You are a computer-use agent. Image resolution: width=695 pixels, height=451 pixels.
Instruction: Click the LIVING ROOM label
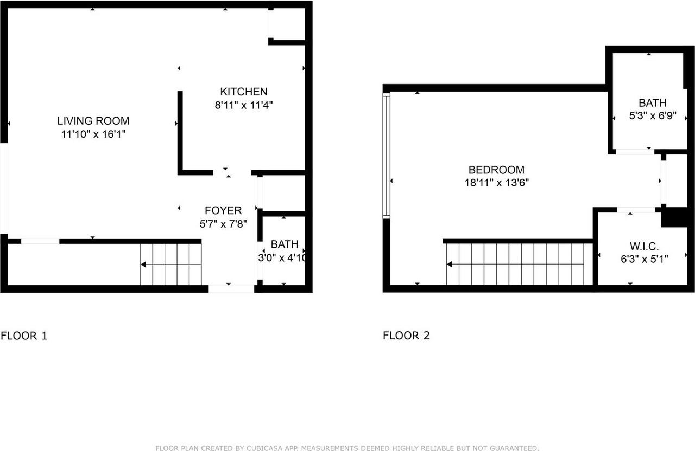pos(93,121)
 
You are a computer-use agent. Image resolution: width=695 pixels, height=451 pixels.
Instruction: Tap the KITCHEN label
pos(243,92)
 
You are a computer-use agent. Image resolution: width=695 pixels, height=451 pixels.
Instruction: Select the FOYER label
pos(223,210)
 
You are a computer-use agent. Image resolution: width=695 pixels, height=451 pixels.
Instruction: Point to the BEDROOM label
pos(496,170)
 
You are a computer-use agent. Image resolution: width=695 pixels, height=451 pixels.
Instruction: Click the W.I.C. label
pos(645,246)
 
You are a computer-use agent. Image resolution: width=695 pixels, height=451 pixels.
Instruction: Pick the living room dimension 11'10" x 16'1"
pos(93,134)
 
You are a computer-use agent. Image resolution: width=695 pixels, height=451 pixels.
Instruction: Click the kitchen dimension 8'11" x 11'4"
pos(243,105)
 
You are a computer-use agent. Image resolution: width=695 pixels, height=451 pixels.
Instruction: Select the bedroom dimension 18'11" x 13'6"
pos(496,183)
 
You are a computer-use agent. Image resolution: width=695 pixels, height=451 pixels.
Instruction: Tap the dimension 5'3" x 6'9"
pos(652,116)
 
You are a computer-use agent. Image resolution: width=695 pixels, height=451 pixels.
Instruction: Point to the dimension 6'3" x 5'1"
pos(645,259)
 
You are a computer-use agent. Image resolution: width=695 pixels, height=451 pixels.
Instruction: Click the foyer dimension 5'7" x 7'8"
pos(223,224)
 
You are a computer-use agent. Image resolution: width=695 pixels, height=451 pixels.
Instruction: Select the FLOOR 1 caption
pos(24,336)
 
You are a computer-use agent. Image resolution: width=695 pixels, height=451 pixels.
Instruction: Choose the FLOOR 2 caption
pos(406,336)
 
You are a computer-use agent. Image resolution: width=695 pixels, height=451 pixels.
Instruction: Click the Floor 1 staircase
pos(171,265)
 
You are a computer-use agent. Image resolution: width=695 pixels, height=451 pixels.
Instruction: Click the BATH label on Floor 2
pos(652,102)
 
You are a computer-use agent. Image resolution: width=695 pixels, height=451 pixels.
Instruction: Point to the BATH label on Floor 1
pos(285,244)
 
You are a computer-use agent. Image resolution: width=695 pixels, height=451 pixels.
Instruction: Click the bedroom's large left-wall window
pos(387,155)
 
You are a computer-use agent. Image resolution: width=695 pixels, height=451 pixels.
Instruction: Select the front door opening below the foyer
pos(231,289)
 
